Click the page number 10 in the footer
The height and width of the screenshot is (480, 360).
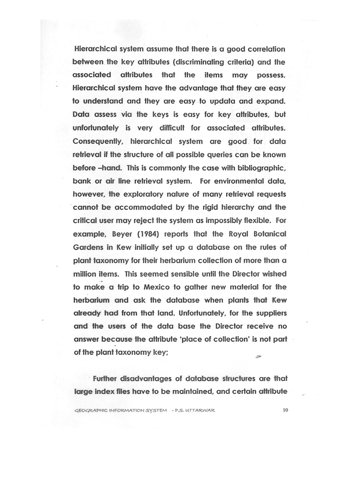285,410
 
